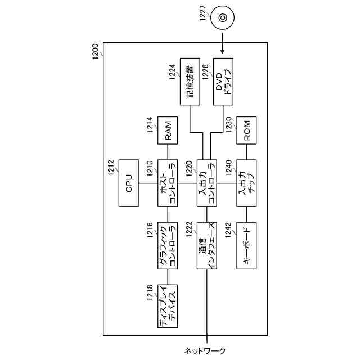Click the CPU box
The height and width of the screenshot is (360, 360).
pos(129,184)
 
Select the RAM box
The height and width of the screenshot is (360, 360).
pos(168,132)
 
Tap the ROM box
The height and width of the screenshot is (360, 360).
pos(246,132)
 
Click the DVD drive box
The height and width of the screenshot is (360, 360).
pos(223,82)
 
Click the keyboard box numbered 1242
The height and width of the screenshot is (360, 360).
pos(246,245)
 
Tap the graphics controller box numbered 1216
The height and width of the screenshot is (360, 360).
pos(168,245)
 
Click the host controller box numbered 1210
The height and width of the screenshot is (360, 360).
pos(168,184)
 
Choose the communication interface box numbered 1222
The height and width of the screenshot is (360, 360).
pos(207,245)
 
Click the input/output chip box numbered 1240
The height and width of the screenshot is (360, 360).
pos(246,184)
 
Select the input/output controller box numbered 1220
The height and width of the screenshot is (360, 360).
pos(207,184)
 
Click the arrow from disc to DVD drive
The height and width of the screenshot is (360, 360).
pos(223,46)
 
